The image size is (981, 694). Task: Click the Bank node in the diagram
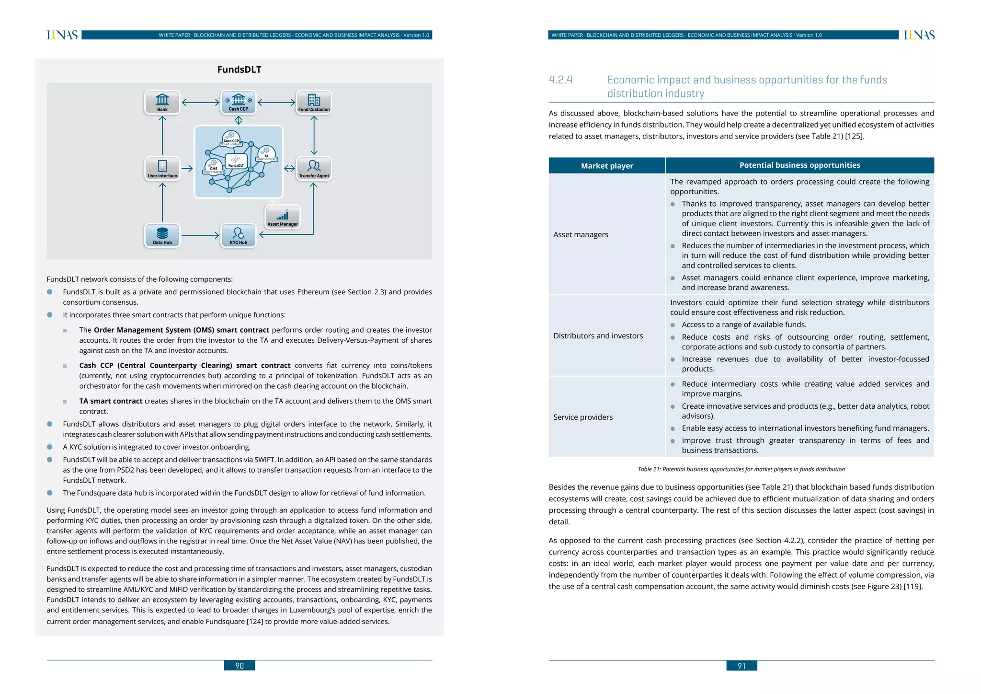point(162,102)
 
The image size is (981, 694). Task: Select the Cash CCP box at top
point(239,102)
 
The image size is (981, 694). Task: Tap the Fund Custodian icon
point(314,102)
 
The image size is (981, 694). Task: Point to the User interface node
point(162,168)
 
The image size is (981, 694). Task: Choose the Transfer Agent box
point(314,168)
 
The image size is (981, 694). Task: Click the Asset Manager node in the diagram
point(283,217)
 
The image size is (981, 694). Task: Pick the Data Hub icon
point(162,235)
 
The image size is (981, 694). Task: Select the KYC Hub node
point(239,235)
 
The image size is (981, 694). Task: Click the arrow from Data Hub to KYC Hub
point(200,235)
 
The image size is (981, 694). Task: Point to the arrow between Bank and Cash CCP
point(200,102)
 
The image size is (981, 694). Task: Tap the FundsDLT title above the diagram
point(239,69)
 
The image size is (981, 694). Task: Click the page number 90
point(240,666)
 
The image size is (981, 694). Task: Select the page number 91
point(741,666)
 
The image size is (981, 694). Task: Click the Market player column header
point(607,166)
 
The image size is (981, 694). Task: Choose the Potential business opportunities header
point(799,165)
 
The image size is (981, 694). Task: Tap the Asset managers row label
point(581,234)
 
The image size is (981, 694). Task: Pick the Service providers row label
point(583,417)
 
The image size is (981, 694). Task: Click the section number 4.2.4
point(560,80)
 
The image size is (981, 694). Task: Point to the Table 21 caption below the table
point(741,469)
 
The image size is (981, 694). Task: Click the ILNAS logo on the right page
point(919,35)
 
